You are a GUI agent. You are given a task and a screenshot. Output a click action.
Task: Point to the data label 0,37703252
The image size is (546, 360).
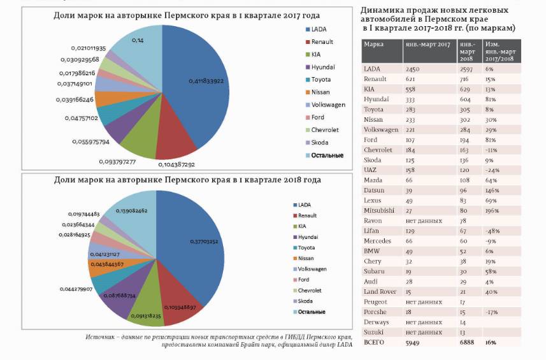[x=205, y=241]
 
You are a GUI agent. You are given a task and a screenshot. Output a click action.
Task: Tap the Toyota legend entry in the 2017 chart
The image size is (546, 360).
[x=323, y=79]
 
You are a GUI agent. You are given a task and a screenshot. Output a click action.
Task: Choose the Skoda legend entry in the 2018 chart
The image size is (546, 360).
[x=306, y=300]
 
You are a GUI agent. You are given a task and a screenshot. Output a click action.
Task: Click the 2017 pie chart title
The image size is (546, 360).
[x=186, y=15]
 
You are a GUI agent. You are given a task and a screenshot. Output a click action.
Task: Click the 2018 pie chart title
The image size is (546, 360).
[x=186, y=180]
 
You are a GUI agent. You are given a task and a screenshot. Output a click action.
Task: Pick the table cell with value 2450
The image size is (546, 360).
[x=412, y=68]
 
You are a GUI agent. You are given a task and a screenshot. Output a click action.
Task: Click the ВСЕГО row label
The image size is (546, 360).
[x=375, y=342]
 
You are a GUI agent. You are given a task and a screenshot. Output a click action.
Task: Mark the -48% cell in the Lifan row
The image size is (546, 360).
[x=492, y=230]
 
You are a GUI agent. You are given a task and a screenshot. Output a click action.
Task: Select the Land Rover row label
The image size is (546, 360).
[x=379, y=291]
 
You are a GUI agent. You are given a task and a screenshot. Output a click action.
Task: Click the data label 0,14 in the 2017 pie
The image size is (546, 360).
[x=137, y=40]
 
